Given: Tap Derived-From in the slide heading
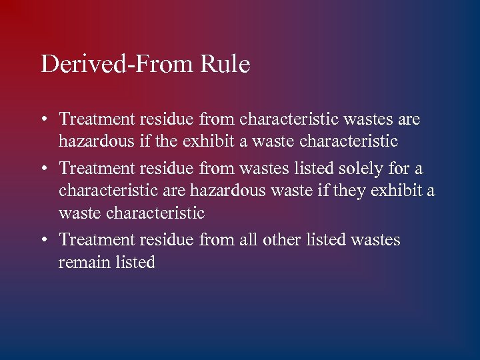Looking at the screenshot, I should tap(117, 65).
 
